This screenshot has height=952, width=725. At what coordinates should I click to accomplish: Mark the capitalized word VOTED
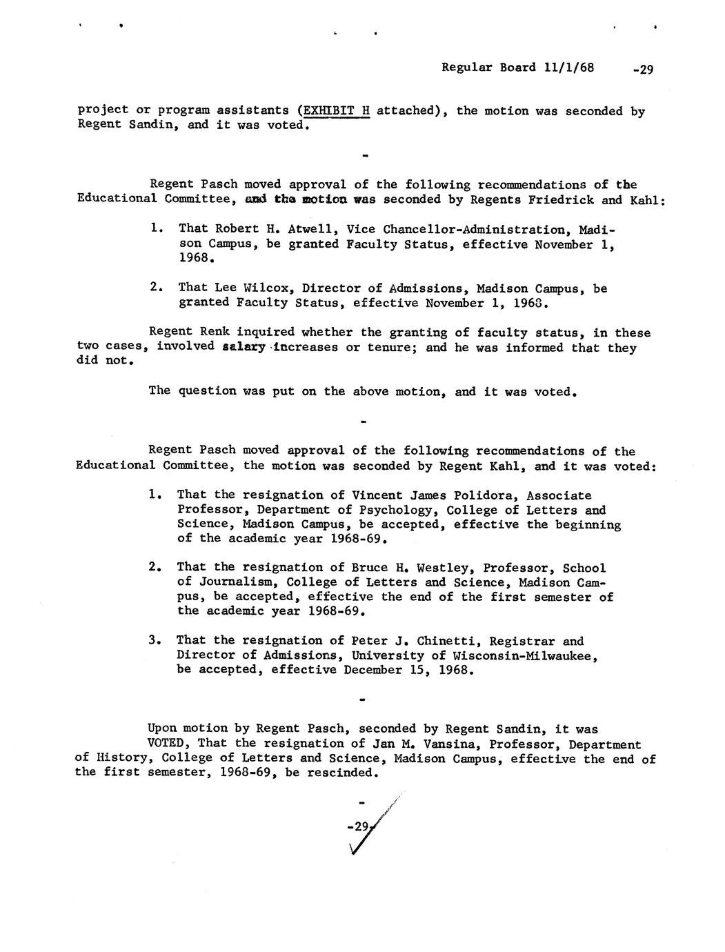169,744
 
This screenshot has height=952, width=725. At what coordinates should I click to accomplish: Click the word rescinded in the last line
342,773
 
